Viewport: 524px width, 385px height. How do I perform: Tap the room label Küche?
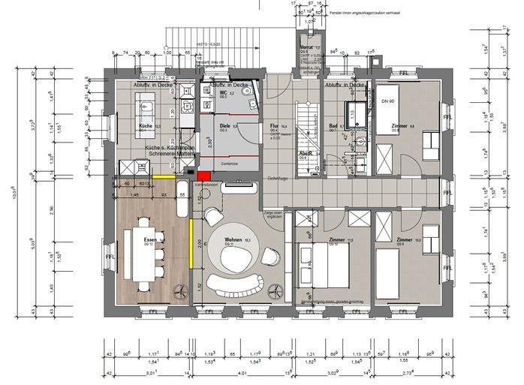(x=145, y=126)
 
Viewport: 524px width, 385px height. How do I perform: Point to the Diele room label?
(x=224, y=126)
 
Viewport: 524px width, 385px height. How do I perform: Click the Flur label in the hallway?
(x=274, y=126)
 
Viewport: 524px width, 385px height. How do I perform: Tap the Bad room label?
(x=333, y=126)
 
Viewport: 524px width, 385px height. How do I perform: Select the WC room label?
(x=223, y=93)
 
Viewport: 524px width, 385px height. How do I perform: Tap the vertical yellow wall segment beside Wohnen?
(x=191, y=243)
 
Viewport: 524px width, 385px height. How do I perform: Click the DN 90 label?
(x=388, y=101)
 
